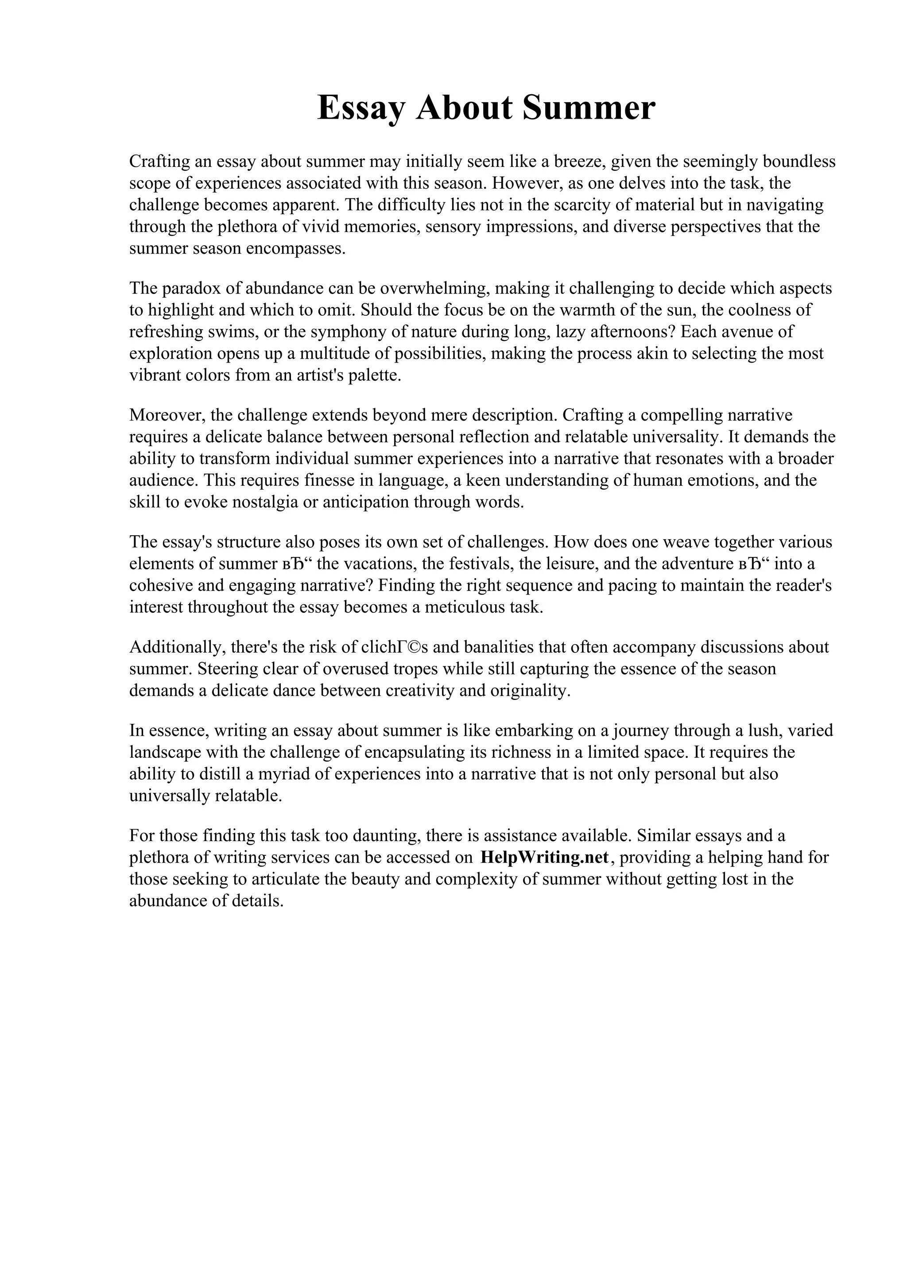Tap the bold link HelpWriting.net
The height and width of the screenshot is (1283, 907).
(544, 857)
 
